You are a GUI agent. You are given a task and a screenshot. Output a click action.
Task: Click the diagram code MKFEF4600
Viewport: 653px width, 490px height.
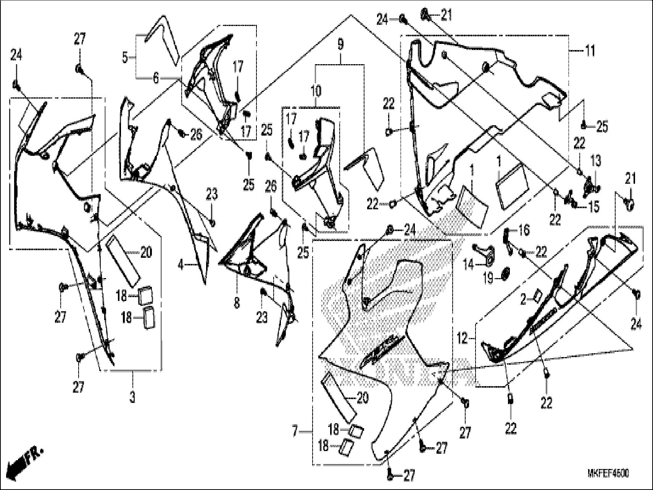(x=608, y=474)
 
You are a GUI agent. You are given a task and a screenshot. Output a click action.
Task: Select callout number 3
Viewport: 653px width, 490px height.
(x=132, y=398)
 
